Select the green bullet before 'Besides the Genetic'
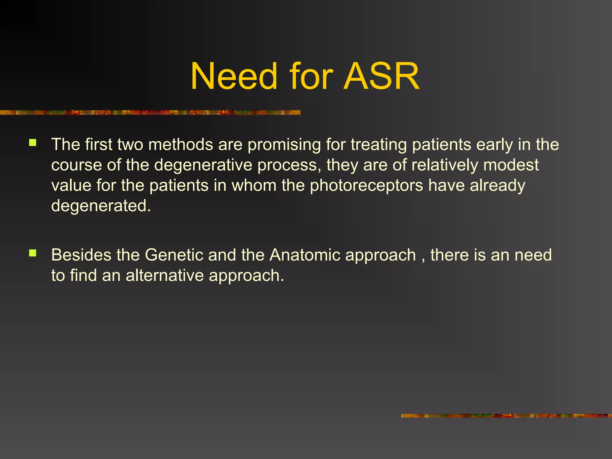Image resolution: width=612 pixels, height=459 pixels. (x=33, y=253)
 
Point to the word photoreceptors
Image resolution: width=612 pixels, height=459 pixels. (x=366, y=186)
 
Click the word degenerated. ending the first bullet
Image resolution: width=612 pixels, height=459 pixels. (x=101, y=206)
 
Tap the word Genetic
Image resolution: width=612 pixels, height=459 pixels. (x=174, y=255)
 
